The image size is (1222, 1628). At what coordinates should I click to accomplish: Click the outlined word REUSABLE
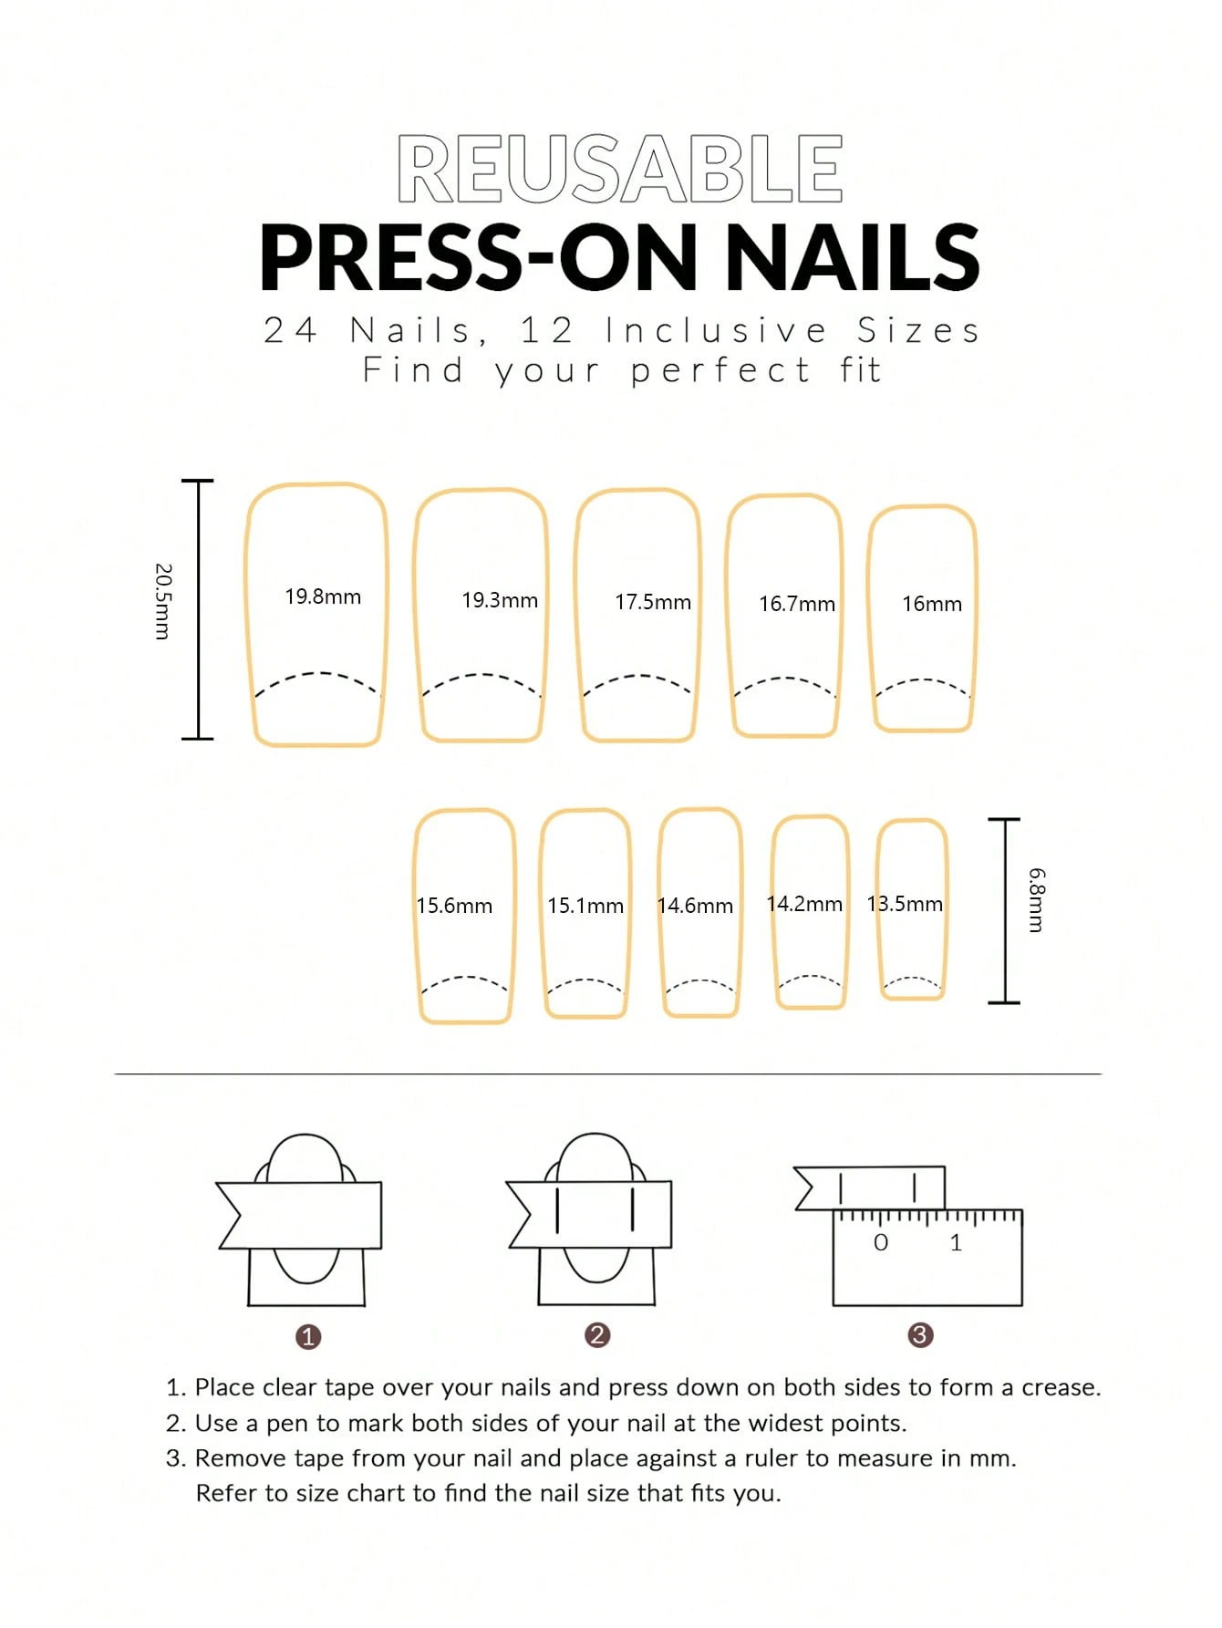tap(620, 169)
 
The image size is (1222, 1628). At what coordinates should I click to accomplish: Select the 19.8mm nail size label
tap(323, 596)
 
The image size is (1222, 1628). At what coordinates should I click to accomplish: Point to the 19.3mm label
tap(500, 600)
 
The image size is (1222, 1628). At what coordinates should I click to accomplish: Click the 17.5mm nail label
tap(653, 602)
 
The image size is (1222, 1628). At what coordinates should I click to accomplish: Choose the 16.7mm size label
tap(797, 604)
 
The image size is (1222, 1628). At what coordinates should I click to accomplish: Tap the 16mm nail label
tap(932, 604)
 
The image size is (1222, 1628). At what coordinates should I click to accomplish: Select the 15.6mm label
tap(454, 906)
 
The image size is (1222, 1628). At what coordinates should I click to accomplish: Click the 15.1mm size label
tap(585, 906)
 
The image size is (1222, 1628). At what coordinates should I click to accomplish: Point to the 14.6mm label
tap(695, 906)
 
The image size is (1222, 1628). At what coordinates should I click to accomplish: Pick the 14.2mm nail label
tap(804, 904)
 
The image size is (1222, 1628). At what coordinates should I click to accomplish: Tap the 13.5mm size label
tap(905, 904)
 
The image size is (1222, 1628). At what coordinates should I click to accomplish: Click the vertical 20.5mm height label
tap(162, 602)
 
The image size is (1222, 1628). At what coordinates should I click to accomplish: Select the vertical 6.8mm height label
tap(1037, 900)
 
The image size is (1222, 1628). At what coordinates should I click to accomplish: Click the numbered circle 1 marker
tap(308, 1337)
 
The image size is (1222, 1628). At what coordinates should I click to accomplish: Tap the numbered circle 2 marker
tap(597, 1335)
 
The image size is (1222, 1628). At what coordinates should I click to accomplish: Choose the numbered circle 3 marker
tap(920, 1335)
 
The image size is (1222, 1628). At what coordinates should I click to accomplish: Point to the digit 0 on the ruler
tap(881, 1242)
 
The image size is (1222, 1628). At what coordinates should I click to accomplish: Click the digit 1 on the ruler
tap(956, 1242)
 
